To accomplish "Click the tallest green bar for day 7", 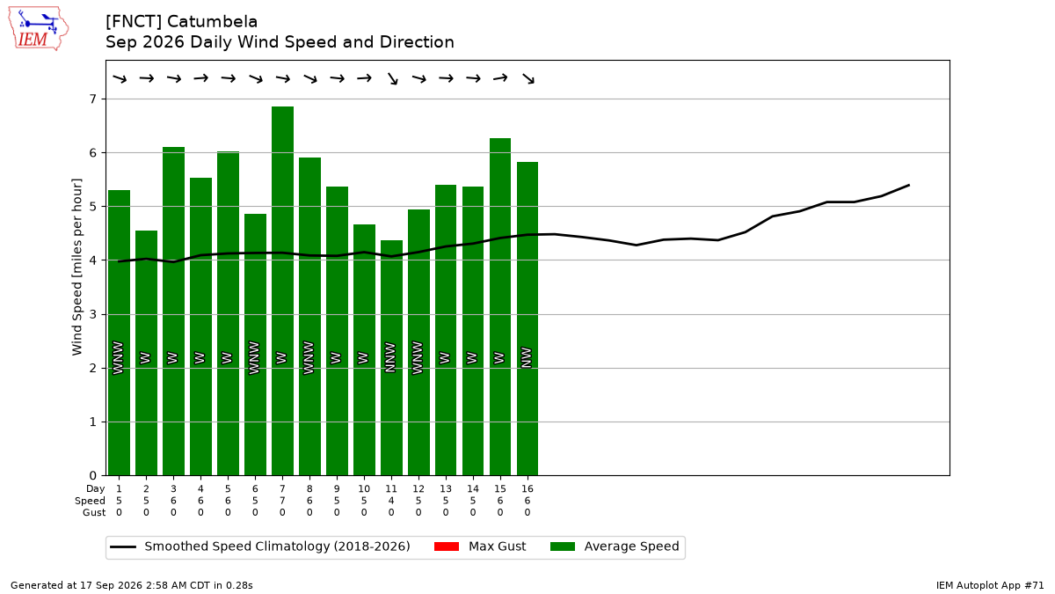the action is click(x=282, y=291).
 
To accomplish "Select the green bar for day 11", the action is click(x=391, y=358).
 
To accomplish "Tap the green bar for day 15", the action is click(x=500, y=307).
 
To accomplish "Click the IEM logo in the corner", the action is click(x=38, y=29).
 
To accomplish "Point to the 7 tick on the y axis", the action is click(x=103, y=99).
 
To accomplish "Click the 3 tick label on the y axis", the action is click(x=93, y=314).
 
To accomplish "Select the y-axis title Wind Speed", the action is click(x=76, y=267).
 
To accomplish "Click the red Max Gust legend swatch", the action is click(x=446, y=546).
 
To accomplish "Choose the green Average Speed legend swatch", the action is click(x=563, y=546).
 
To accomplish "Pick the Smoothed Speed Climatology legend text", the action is click(x=278, y=546).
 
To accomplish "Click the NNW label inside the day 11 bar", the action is click(x=390, y=357).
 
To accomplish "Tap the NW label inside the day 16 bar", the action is click(x=527, y=357).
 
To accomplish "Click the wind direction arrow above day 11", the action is click(x=392, y=78).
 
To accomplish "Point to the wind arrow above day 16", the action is click(x=528, y=78).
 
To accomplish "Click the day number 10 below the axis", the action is click(x=364, y=489).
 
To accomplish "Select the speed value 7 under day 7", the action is click(x=282, y=501).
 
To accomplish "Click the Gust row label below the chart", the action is click(x=94, y=512).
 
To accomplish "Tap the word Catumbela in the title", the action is click(x=212, y=22).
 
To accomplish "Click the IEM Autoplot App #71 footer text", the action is click(x=990, y=585).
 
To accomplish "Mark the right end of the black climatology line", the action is click(x=908, y=186).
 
